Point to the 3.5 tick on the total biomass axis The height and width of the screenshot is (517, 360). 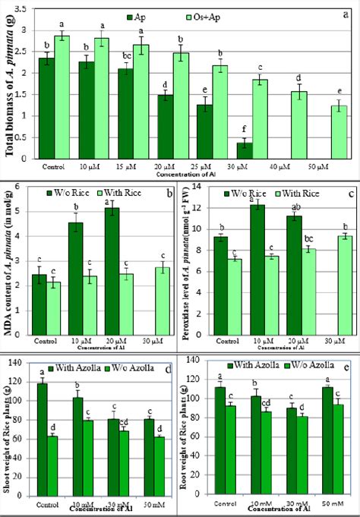coord(23,9)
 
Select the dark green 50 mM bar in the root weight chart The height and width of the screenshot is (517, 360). coord(308,433)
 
